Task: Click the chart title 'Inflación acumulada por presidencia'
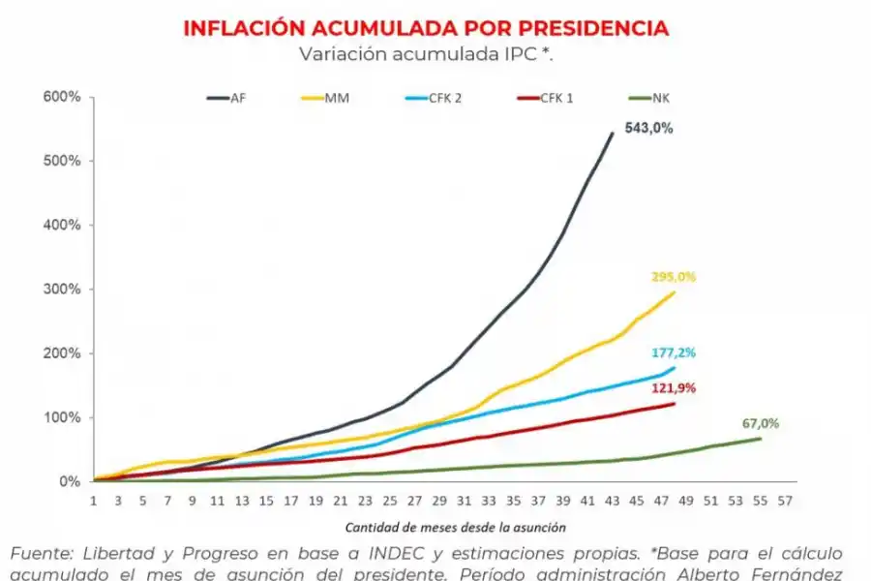tap(426, 28)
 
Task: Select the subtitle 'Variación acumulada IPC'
tap(426, 54)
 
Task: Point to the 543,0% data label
tap(648, 128)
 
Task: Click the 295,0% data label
tap(673, 277)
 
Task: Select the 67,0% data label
tap(761, 423)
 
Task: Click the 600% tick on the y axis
tap(61, 97)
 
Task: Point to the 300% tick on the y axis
tap(61, 289)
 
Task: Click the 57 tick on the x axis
tap(784, 501)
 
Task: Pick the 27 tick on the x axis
tap(414, 501)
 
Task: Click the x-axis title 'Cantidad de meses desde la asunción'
tap(455, 527)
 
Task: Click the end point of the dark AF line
tap(613, 133)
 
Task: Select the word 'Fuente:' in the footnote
tap(41, 553)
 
